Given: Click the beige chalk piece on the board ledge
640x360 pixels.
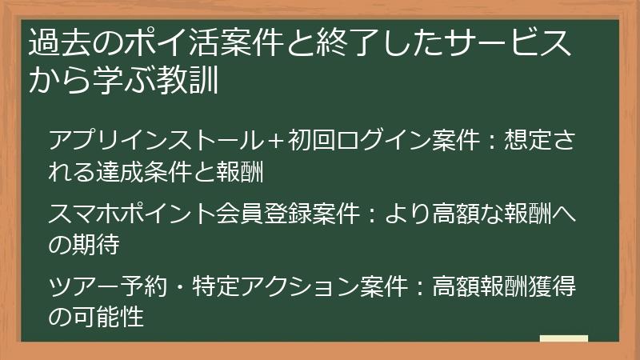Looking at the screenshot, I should [564, 338].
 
